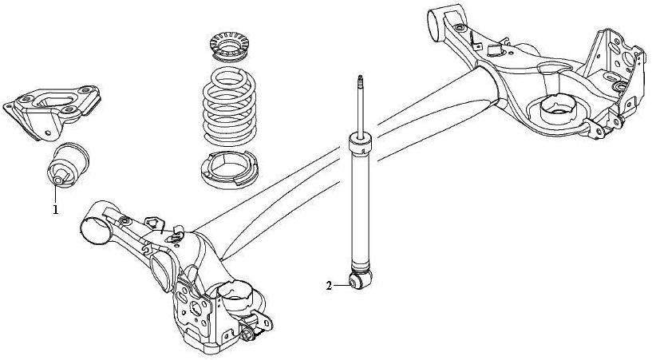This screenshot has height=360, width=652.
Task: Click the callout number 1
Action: (55, 210)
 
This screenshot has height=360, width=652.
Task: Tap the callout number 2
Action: (329, 284)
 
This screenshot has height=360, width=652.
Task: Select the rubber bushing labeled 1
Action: (66, 164)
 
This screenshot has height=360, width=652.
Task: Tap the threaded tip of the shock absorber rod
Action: (361, 81)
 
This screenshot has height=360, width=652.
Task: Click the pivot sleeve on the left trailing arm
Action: (95, 225)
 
